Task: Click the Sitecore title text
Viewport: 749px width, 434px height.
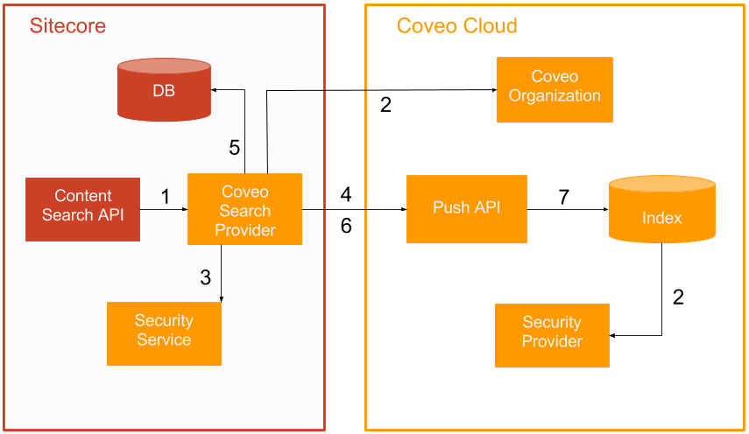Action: [67, 25]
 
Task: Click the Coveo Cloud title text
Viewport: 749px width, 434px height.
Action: [456, 25]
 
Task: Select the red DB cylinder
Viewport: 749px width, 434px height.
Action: [164, 89]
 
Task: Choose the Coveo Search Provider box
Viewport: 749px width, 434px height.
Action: [244, 210]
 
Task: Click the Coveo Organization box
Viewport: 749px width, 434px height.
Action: [555, 89]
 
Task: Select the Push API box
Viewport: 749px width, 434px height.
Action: [466, 208]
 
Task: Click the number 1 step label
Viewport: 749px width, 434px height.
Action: [166, 197]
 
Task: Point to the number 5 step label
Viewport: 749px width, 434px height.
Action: [234, 148]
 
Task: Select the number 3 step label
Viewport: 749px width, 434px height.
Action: [205, 278]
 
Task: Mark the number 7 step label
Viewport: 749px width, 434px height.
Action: [563, 198]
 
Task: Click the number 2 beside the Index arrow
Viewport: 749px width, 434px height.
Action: [677, 297]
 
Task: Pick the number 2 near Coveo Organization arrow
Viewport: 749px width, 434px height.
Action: [385, 105]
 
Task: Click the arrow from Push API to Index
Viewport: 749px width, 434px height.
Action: [568, 210]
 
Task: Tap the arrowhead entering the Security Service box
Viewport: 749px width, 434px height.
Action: [221, 298]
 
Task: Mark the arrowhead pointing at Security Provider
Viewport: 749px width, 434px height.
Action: [613, 335]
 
